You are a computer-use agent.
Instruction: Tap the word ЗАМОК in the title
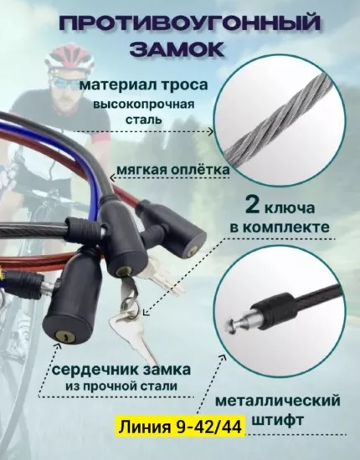[177, 49]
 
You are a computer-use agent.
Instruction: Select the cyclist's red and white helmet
[69, 57]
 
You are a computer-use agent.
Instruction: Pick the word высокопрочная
[144, 105]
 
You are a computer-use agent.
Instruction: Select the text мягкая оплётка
[173, 170]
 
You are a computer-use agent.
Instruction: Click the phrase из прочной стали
[121, 386]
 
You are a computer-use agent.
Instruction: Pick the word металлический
[278, 401]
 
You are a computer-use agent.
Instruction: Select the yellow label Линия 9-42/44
[181, 426]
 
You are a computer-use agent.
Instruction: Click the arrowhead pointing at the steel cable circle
[210, 131]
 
